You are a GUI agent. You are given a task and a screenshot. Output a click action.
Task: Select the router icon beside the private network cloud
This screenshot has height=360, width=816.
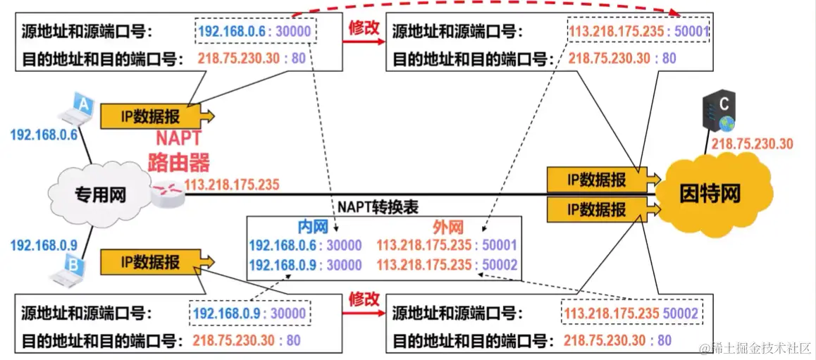pyautogui.click(x=168, y=192)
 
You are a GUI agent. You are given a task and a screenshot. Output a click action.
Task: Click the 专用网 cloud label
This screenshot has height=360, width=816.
pyautogui.click(x=101, y=194)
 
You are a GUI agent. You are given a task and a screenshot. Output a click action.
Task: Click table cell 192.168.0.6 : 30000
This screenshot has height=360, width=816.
pyautogui.click(x=305, y=245)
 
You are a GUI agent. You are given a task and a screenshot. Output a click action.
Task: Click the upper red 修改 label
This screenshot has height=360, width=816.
pyautogui.click(x=364, y=28)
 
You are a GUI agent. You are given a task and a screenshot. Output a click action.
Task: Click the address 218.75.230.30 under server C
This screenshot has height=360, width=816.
pyautogui.click(x=752, y=144)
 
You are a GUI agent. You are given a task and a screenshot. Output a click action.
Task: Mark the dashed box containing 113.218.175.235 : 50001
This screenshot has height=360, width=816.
pyautogui.click(x=638, y=31)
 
